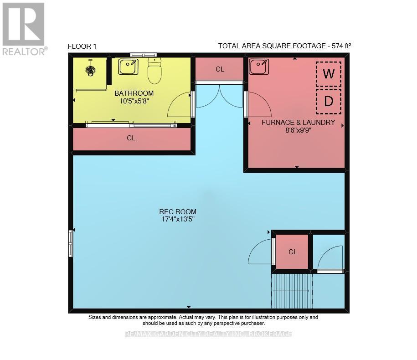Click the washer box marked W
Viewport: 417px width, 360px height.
[328, 74]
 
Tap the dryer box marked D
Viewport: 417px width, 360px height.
[328, 101]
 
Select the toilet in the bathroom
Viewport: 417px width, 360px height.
[154, 71]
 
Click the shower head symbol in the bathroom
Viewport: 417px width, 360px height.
[90, 69]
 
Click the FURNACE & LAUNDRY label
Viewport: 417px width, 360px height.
[298, 122]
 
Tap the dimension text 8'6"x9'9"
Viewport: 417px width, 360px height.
[298, 130]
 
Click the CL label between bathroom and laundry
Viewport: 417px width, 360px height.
[220, 69]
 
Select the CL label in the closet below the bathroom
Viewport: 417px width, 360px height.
[131, 138]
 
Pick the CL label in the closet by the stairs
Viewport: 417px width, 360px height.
[293, 252]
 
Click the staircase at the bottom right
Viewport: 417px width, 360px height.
[292, 291]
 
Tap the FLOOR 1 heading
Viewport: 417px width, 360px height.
[82, 46]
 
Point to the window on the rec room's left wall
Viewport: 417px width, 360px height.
[71, 244]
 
